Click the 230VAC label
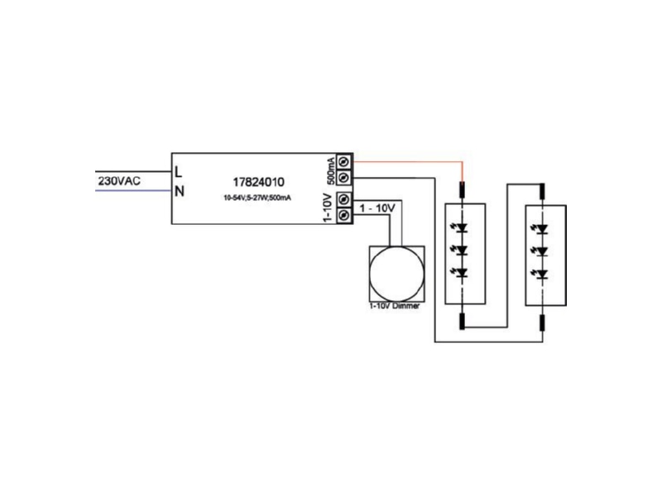[119, 181]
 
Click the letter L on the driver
[179, 172]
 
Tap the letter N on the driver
[180, 192]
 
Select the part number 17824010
[258, 182]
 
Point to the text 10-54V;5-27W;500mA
[257, 198]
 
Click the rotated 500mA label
[332, 170]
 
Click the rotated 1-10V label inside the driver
[327, 207]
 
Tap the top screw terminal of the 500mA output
[344, 161]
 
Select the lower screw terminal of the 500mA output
[344, 177]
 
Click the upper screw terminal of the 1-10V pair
[344, 199]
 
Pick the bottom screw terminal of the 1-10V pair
[344, 215]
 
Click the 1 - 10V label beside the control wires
[377, 208]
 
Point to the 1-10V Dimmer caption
[395, 306]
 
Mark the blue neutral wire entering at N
[133, 191]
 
